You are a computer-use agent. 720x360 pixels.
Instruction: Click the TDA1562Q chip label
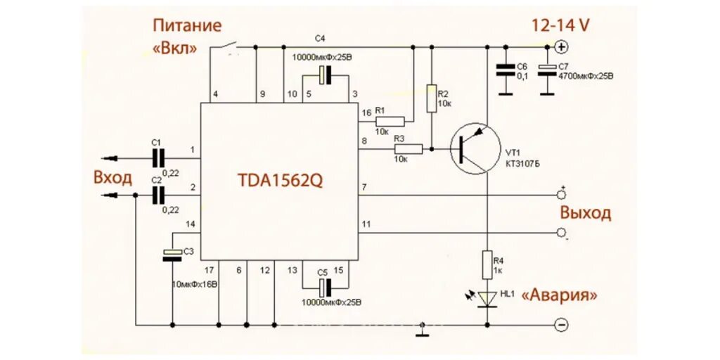tap(280, 180)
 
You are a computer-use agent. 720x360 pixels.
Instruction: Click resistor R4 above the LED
tap(487, 266)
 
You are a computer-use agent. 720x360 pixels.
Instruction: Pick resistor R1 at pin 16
tap(390, 121)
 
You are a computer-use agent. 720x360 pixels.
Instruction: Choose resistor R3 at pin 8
tap(407, 149)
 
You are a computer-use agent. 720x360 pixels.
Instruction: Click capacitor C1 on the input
tap(158, 157)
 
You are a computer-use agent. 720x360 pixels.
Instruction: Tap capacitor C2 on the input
tap(158, 195)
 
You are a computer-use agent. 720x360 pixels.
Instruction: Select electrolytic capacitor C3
tap(172, 255)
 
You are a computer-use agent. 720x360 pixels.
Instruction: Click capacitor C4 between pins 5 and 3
tap(324, 75)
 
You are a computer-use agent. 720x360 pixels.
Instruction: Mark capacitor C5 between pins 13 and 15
tap(324, 286)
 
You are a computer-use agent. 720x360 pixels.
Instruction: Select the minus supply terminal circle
tap(561, 325)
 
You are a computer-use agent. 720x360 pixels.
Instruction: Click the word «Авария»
tap(560, 296)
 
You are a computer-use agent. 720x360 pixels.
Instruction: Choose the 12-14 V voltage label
tap(560, 26)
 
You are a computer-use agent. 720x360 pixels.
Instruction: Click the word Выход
tap(585, 213)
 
